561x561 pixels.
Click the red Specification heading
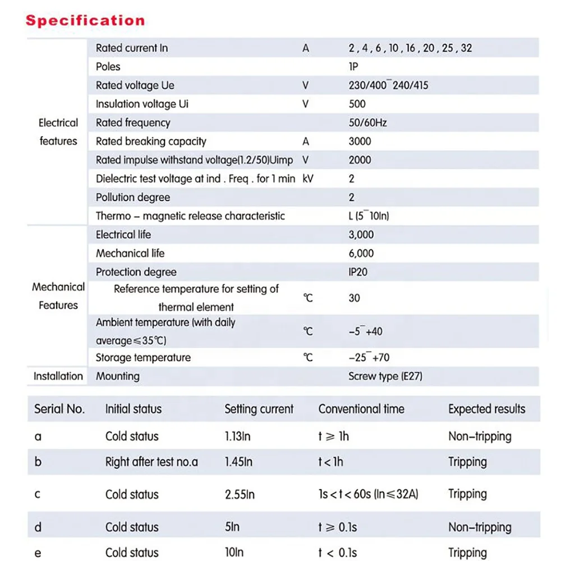85,21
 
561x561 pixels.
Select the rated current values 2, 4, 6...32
410,48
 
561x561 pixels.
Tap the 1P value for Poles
353,67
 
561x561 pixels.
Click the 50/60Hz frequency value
367,122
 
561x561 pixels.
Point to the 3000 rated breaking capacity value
360,142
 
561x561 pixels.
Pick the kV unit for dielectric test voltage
308,179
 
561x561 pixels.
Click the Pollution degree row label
132,197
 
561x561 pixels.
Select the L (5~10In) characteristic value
368,216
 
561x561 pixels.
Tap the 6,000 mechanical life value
361,253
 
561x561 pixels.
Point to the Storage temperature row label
143,358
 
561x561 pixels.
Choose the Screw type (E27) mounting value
385,376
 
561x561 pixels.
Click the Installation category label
58,376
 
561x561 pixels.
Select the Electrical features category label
58,132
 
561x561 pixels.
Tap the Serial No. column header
59,409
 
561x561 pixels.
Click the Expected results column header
486,409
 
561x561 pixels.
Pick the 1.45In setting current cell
238,462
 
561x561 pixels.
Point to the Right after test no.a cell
151,462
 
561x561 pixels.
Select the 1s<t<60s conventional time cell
368,494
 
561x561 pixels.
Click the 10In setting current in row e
234,553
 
